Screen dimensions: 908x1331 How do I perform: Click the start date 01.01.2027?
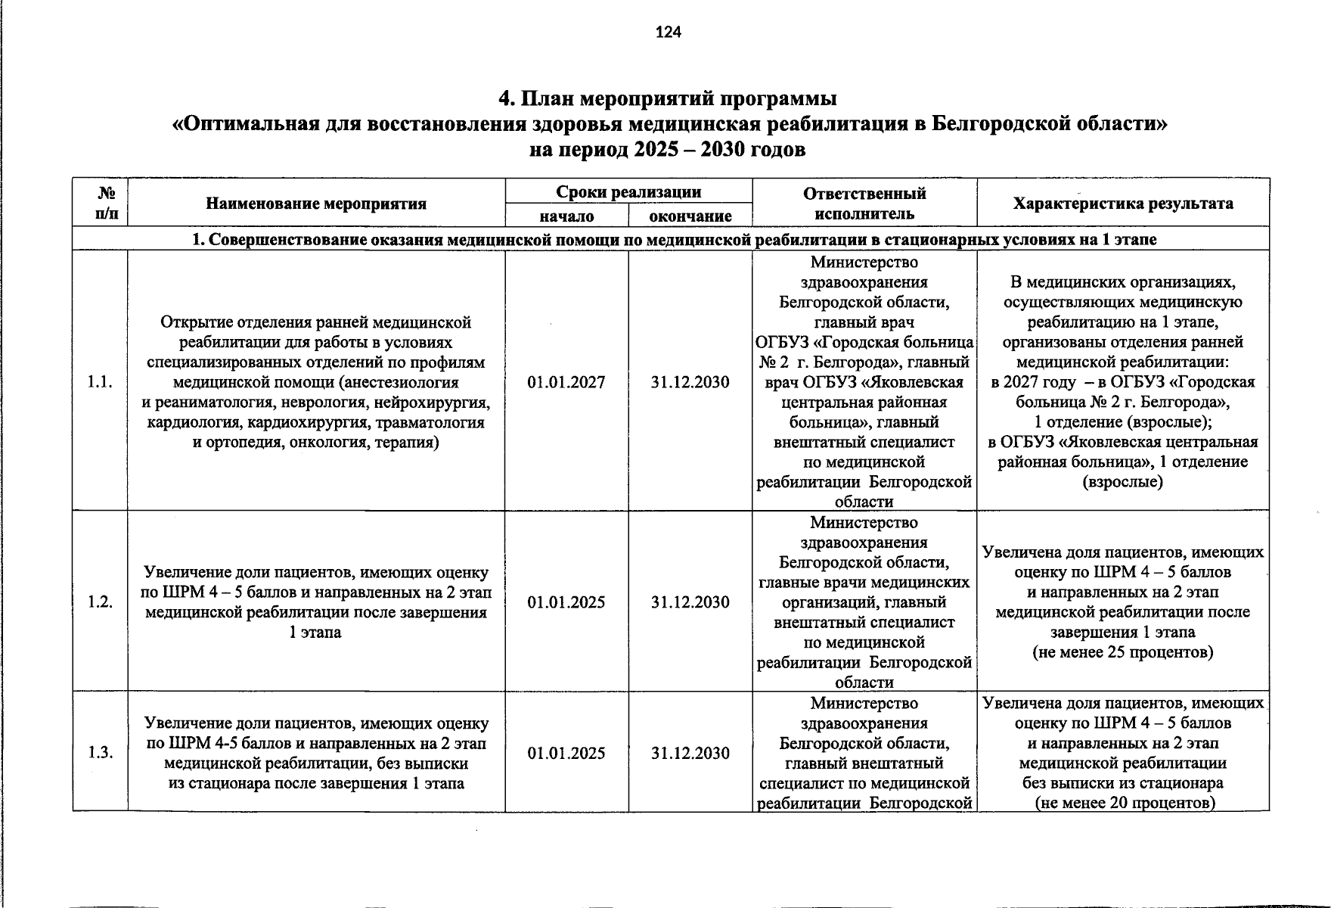[566, 382]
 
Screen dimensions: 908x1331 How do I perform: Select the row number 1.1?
[100, 382]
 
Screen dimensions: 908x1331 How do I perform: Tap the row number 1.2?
[100, 602]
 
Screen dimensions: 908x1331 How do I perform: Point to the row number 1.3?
[100, 752]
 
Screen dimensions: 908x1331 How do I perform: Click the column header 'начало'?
[566, 216]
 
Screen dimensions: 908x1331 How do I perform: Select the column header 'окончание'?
[690, 216]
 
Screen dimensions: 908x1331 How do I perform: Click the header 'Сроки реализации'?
[628, 192]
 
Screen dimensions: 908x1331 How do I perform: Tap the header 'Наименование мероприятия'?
[316, 204]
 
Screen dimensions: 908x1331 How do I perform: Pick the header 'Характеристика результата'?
[1122, 203]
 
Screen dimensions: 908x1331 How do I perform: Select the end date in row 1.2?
[690, 602]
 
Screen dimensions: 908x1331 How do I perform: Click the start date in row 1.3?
[566, 753]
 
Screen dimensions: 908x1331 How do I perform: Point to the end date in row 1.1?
[690, 382]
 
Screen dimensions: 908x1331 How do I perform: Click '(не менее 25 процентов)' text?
[1122, 652]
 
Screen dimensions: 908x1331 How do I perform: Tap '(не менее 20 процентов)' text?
[1124, 803]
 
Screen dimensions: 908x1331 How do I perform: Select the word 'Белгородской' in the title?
[1004, 124]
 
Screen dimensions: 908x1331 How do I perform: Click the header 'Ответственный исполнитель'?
[864, 203]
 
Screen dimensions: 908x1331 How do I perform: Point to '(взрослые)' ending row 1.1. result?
[1122, 481]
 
